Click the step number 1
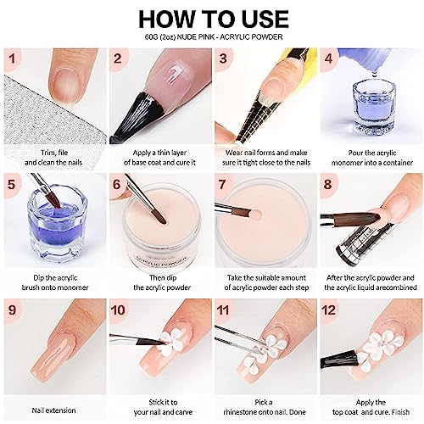point(12,59)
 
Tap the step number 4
point(328,59)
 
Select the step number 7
point(222,184)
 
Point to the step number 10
point(118,310)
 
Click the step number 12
point(328,310)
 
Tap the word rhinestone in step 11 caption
point(244,412)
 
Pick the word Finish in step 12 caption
point(400,412)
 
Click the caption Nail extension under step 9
point(53,410)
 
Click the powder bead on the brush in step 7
point(256,215)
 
